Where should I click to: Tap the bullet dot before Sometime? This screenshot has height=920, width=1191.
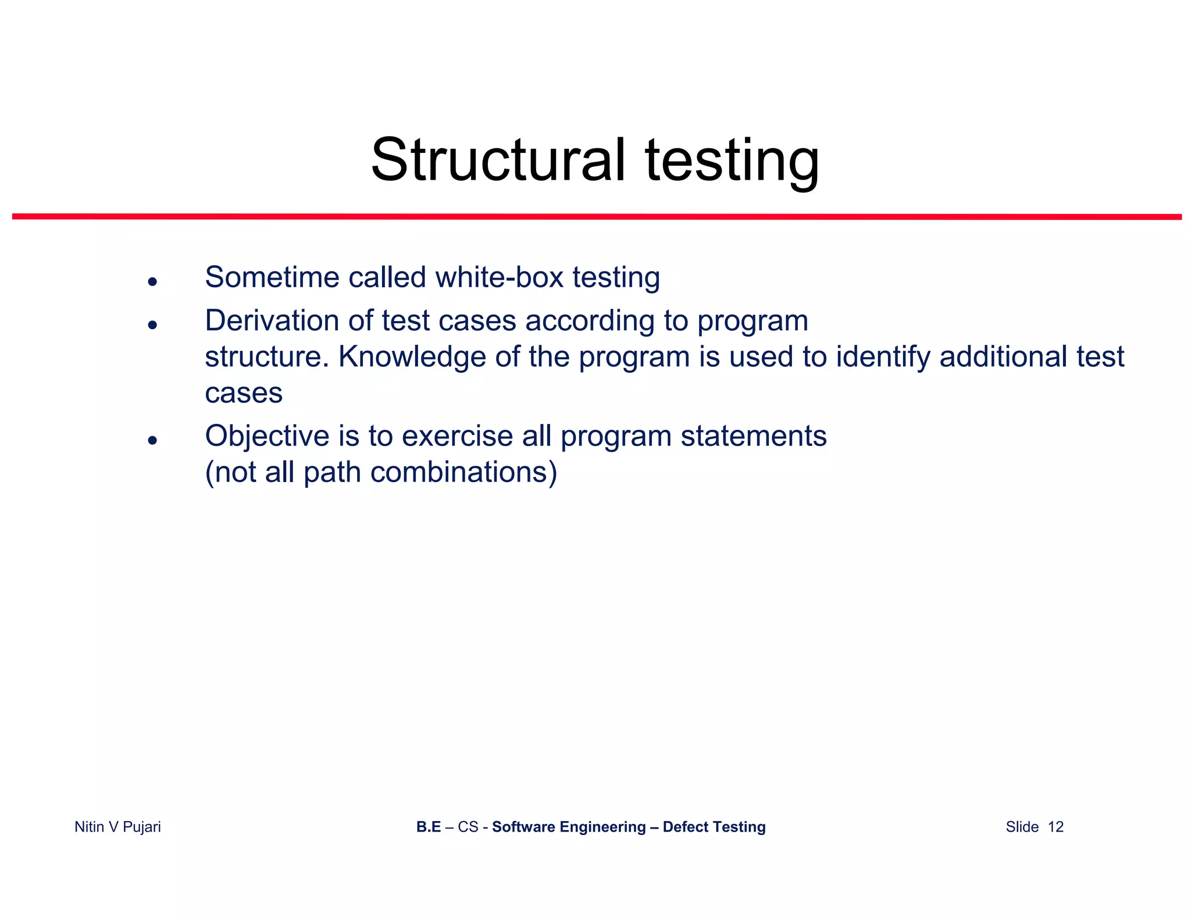tap(152, 282)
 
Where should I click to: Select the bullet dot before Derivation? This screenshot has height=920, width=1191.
tap(152, 325)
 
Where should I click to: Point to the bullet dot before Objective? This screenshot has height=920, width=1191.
tap(152, 441)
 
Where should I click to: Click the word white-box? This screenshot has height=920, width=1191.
tap(499, 277)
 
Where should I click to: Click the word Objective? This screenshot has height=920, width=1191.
tap(267, 436)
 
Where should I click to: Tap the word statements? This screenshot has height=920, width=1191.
tap(753, 436)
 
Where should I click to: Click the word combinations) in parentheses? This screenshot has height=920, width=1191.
tap(463, 472)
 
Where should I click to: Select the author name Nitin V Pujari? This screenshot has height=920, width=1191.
tap(117, 827)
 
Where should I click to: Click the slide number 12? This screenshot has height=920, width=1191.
tap(1056, 827)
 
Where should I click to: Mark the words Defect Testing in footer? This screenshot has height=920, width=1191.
tap(714, 827)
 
